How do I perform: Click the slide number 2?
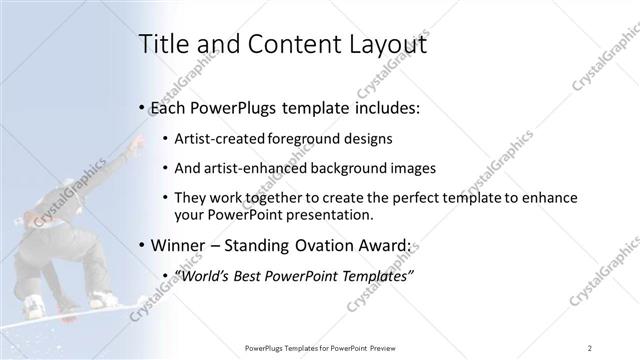tap(590, 348)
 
